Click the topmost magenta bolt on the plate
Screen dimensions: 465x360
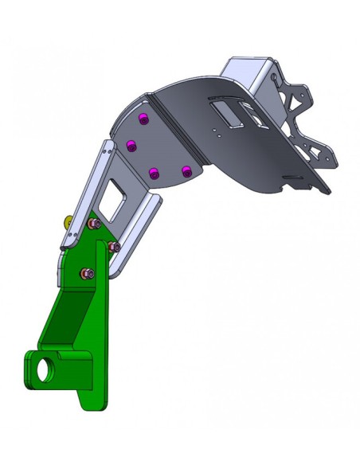(143, 119)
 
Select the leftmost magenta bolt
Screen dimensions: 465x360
(132, 146)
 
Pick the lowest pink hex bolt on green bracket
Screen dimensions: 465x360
(87, 274)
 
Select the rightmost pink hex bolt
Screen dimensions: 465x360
(115, 248)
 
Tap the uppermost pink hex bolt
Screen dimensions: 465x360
(94, 225)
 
